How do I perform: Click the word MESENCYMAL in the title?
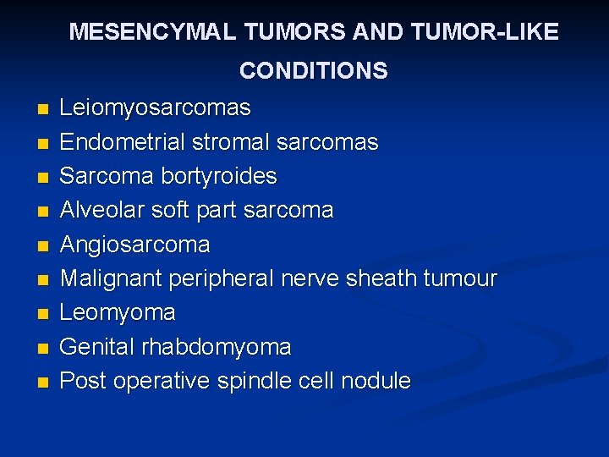point(153,32)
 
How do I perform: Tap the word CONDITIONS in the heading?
point(313,70)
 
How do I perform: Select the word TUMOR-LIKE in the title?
point(496,32)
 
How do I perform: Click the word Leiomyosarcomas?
point(156,108)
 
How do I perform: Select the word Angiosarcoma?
point(135,245)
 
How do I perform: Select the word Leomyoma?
point(118,313)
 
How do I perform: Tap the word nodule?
point(376,381)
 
